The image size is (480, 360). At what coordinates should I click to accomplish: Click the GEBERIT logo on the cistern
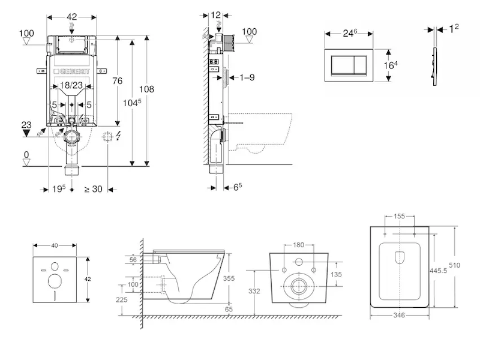click(71, 71)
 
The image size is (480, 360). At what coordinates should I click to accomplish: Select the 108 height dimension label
click(146, 89)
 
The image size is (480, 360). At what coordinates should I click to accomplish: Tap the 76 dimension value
click(117, 81)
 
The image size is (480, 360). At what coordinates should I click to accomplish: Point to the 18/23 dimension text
click(71, 85)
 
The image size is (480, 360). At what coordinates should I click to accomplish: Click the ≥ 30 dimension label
click(94, 189)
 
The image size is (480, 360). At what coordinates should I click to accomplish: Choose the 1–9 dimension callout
click(247, 77)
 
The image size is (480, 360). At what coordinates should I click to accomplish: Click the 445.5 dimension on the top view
click(438, 271)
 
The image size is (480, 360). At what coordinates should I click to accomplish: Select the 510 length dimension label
click(455, 265)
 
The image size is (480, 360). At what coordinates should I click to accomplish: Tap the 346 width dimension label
click(399, 315)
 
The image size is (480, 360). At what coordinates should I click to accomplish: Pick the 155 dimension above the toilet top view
click(399, 216)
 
